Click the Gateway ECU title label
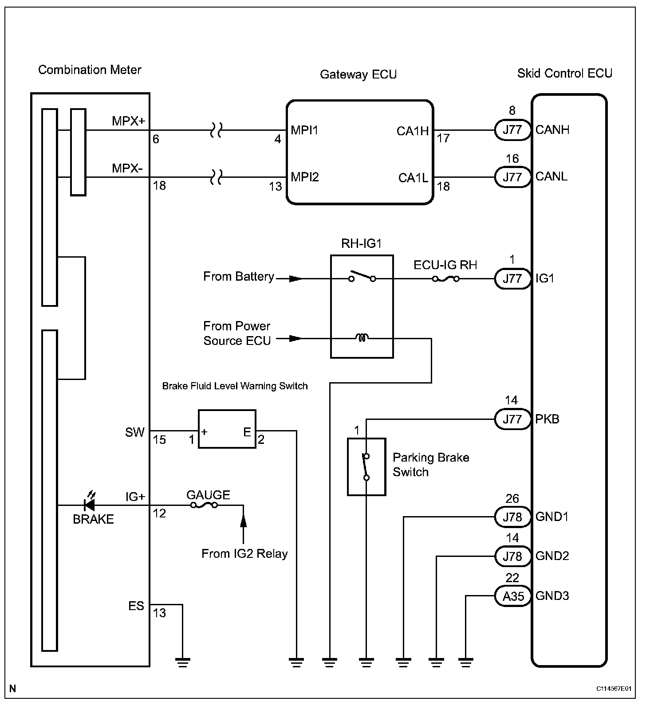coord(358,74)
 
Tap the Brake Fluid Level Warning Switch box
coord(227,429)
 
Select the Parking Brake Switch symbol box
coord(366,467)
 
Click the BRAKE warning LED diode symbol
coord(90,505)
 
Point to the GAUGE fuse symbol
coord(204,505)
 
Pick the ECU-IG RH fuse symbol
coord(445,279)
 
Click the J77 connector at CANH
coord(513,130)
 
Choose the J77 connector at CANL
coord(513,177)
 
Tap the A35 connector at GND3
coord(513,596)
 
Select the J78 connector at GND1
coord(513,517)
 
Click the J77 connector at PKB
coord(513,419)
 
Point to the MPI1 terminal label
coord(304,130)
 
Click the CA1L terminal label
coord(413,178)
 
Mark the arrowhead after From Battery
coord(295,279)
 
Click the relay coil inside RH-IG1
coord(362,339)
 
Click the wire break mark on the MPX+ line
coord(216,130)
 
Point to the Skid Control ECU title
coord(564,73)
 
